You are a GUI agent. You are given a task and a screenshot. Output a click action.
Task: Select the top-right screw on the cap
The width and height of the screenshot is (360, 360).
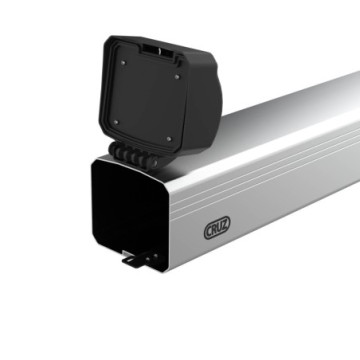178,76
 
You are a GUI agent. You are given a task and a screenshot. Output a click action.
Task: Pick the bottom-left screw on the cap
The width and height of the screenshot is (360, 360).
116,122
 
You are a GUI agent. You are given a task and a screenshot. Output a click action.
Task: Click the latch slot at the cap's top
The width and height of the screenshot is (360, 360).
151,48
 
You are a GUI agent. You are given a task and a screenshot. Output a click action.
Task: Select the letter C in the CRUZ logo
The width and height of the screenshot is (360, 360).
208,232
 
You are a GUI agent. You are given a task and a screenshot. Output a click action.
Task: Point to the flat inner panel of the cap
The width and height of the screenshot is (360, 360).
146,99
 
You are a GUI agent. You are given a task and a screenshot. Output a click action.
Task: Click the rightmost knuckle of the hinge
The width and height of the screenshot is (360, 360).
159,159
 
